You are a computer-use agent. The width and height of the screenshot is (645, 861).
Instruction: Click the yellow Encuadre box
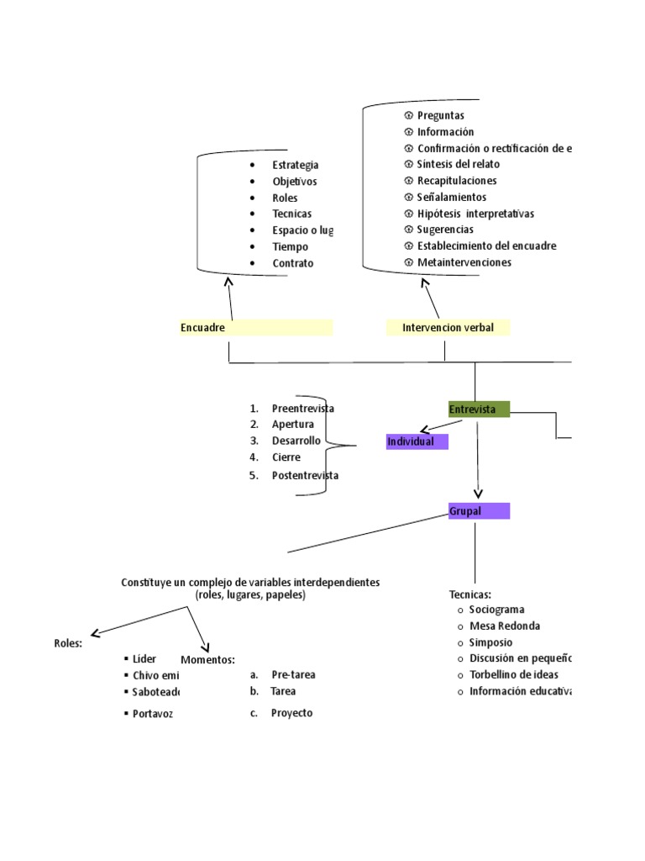(256, 327)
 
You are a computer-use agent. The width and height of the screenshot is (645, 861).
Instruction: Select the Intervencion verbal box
(448, 327)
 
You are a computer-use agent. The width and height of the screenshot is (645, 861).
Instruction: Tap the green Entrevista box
(479, 409)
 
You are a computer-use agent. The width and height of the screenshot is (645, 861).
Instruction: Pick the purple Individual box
(417, 441)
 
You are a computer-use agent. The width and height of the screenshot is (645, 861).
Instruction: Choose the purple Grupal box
(479, 510)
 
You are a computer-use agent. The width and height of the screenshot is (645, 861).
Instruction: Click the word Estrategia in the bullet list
(295, 165)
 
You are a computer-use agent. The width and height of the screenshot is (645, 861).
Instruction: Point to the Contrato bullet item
(292, 263)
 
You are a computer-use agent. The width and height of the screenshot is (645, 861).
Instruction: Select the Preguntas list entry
(440, 115)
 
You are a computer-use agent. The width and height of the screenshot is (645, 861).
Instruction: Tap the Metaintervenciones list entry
(464, 262)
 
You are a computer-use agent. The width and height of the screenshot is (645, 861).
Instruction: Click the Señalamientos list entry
(451, 197)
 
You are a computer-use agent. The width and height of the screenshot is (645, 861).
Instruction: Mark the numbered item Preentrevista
(302, 408)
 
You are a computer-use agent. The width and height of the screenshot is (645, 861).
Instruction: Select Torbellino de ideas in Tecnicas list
(513, 674)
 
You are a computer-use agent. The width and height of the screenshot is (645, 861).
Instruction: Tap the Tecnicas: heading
(470, 594)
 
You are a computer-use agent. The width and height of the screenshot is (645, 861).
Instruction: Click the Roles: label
(68, 643)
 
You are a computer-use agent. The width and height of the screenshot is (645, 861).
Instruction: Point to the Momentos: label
(207, 660)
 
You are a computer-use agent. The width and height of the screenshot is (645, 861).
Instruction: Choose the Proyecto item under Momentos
(291, 713)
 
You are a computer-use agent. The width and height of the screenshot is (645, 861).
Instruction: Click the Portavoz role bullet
(152, 714)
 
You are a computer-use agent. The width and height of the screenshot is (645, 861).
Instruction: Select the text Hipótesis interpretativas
(475, 214)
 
